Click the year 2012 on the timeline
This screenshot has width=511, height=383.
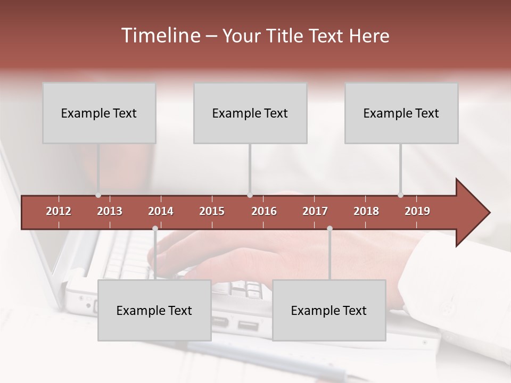click(x=59, y=211)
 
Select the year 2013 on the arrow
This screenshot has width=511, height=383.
click(x=110, y=211)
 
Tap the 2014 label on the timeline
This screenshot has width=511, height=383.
click(x=161, y=211)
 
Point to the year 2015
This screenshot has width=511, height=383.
click(x=212, y=211)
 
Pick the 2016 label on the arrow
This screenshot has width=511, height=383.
click(x=264, y=211)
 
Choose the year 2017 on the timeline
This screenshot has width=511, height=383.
click(x=315, y=211)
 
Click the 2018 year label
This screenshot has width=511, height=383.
click(x=366, y=211)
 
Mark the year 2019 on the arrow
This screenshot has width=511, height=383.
click(x=417, y=211)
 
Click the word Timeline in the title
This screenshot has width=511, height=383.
click(x=160, y=36)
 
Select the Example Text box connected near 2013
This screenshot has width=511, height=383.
click(x=99, y=113)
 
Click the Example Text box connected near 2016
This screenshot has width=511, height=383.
click(x=250, y=113)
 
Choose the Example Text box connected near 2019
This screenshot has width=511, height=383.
click(x=401, y=113)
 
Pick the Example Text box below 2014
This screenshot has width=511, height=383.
click(x=154, y=310)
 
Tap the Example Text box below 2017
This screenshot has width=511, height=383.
click(x=329, y=310)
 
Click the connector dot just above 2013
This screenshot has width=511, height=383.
click(x=98, y=195)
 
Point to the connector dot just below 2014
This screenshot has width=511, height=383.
click(x=155, y=228)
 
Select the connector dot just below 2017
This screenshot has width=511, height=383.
click(x=329, y=228)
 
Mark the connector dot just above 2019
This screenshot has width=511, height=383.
click(x=401, y=195)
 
